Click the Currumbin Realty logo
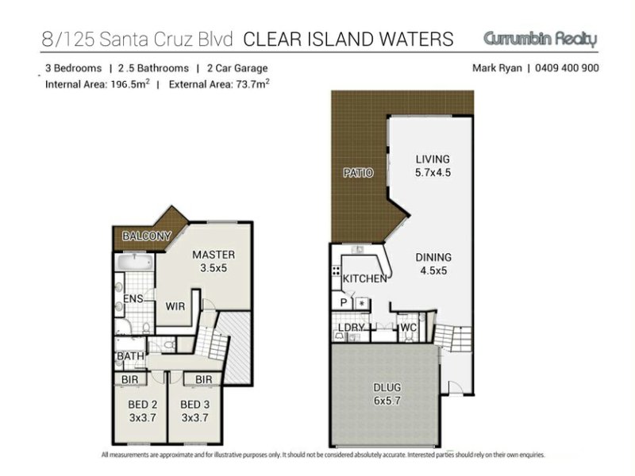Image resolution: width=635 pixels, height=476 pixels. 541,39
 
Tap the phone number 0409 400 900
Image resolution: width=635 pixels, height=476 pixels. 567,67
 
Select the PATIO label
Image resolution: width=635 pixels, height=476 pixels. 358,173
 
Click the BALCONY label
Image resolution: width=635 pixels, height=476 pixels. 147,236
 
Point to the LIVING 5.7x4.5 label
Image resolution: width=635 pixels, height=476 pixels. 433,166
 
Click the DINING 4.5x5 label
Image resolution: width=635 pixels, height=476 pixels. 433,264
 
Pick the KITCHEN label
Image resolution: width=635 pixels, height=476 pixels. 365,278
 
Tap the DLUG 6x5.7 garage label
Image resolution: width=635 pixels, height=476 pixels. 387,393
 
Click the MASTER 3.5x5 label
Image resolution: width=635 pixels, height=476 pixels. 214,261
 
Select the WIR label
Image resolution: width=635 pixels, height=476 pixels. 175,306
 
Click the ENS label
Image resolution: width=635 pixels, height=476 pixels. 133,299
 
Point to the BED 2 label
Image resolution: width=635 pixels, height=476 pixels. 143,405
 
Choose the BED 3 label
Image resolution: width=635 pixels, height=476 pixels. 194,405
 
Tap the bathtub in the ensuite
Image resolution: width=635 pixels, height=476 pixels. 134,263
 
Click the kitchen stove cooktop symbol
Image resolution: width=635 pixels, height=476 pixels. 336,271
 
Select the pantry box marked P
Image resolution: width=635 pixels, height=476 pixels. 344,302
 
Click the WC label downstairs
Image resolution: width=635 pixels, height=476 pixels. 408,328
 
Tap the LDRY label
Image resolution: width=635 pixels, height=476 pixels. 352,328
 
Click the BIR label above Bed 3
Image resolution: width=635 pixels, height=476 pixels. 203,379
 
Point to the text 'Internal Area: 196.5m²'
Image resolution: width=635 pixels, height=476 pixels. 97,84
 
